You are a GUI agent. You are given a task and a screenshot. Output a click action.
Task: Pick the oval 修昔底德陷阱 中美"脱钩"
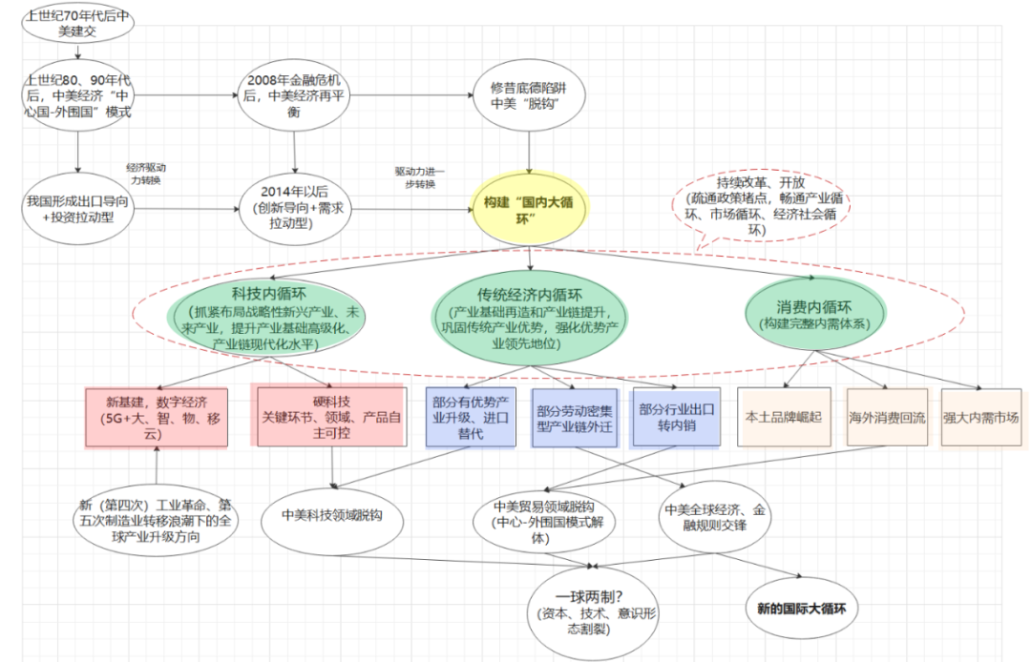point(529,97)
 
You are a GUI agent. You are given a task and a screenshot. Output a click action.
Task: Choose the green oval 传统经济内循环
point(531,317)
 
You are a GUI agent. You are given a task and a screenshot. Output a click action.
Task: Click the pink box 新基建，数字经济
point(157,417)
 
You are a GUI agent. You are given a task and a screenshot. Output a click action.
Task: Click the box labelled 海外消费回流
point(887,417)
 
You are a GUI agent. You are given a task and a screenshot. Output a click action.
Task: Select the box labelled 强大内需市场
point(981,417)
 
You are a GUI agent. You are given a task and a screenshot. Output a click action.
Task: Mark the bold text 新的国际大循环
point(802,608)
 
